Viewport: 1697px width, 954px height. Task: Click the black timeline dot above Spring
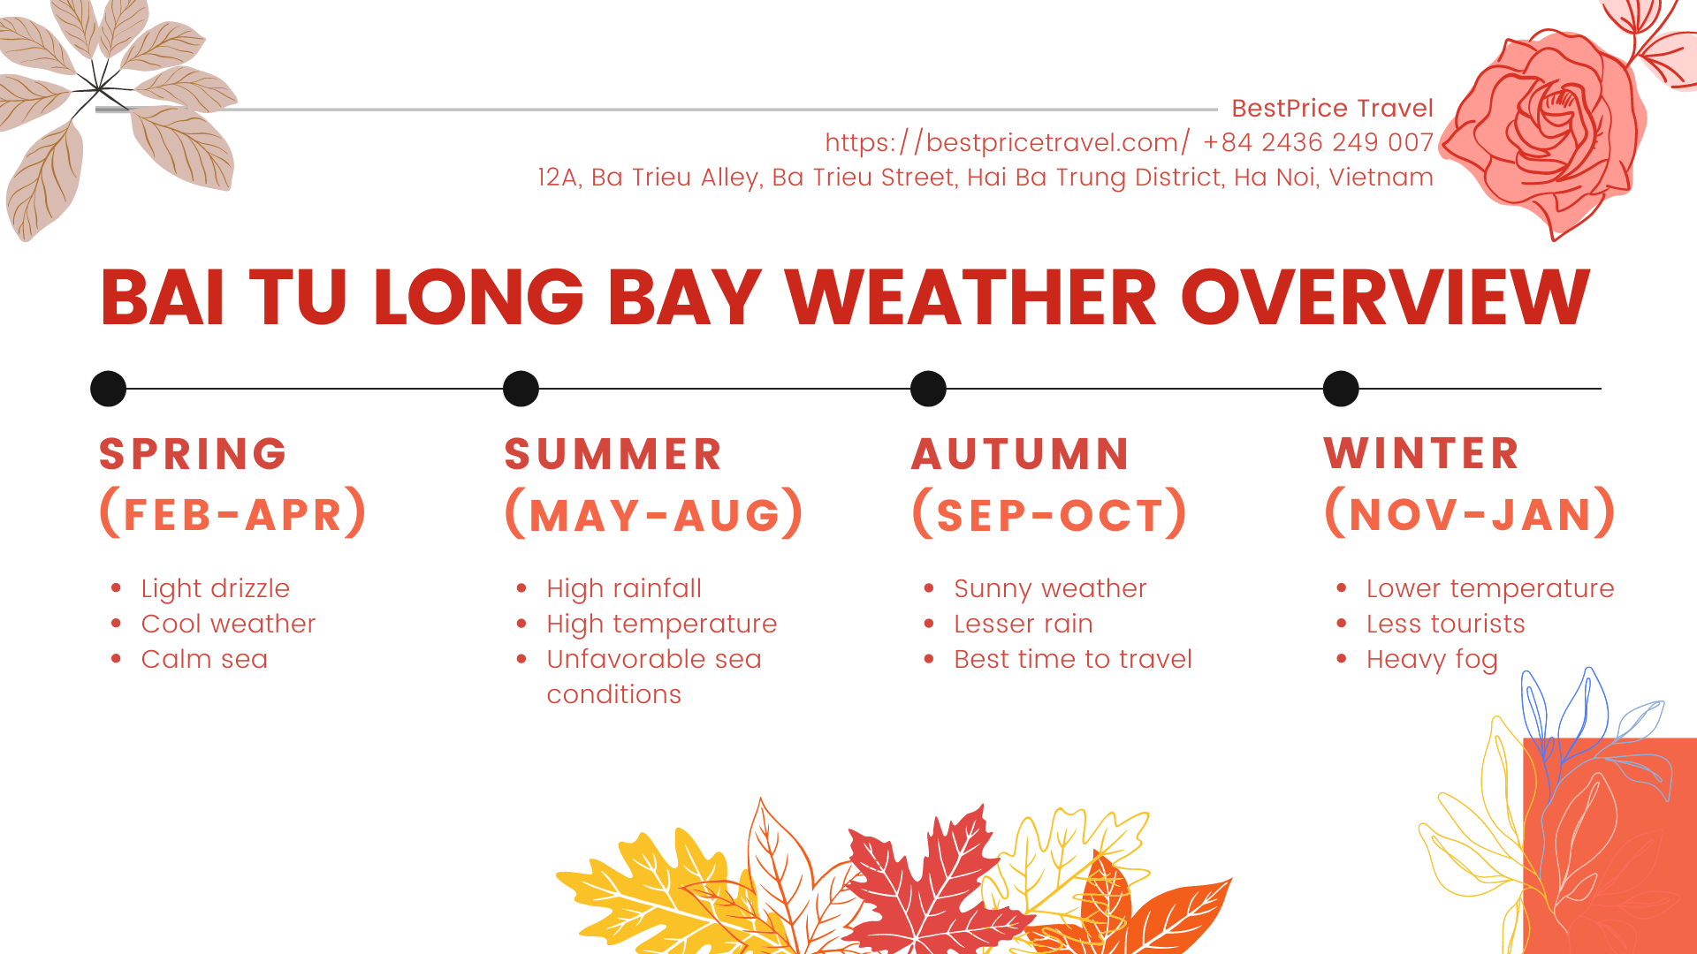(x=109, y=389)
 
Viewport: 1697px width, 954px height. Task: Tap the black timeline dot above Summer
(x=521, y=389)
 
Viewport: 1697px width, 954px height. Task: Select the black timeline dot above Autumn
(x=928, y=389)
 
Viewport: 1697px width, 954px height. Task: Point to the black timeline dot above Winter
(x=1341, y=389)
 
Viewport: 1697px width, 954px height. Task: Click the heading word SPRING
(x=194, y=454)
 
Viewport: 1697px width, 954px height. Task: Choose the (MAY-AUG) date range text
(x=654, y=514)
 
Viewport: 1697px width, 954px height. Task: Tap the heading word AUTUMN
(x=1021, y=454)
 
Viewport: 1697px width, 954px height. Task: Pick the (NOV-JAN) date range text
(x=1471, y=514)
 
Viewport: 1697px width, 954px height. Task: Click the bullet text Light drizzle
(x=216, y=588)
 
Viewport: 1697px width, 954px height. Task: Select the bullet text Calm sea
(x=204, y=659)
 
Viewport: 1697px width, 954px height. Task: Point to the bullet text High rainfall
(x=624, y=588)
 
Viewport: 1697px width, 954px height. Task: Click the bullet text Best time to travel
(x=1073, y=659)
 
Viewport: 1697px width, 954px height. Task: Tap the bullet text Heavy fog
(x=1432, y=659)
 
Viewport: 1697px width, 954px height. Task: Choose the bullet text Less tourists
(x=1446, y=624)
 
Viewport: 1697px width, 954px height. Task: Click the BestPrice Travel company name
(x=1332, y=108)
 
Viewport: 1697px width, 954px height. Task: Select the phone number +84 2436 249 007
(x=1318, y=142)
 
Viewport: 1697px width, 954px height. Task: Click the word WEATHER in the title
(x=970, y=297)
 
